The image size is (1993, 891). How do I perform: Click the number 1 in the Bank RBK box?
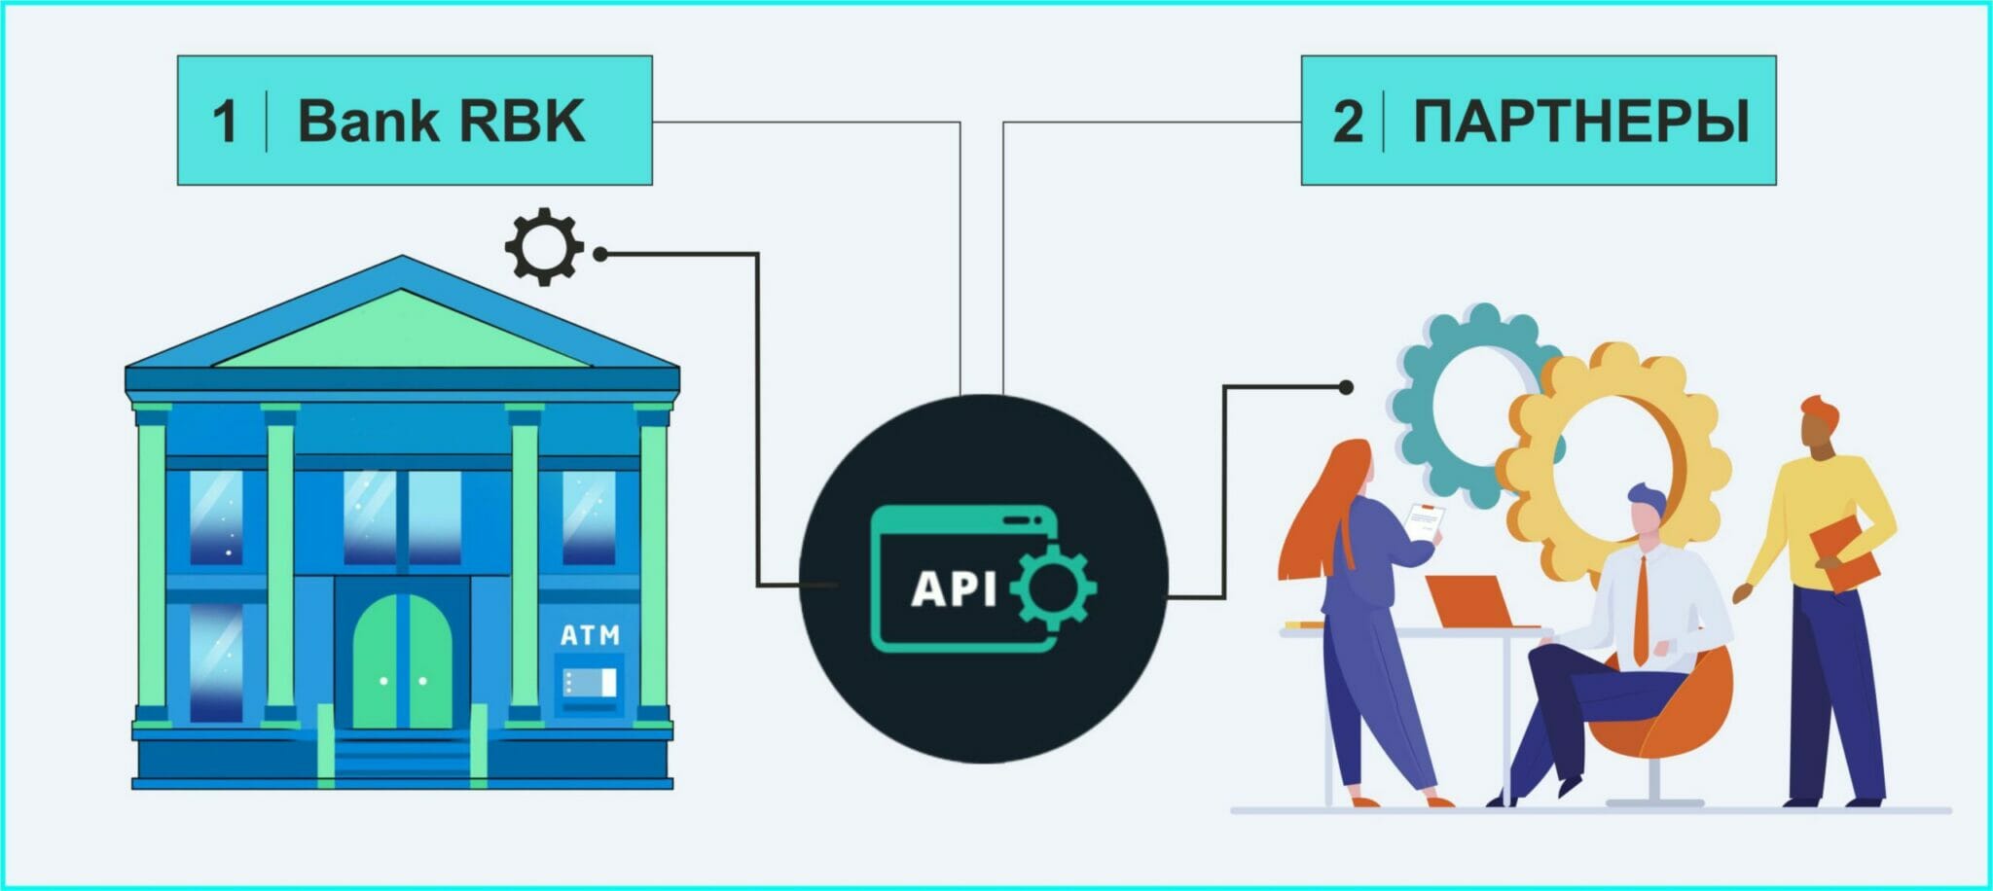click(x=225, y=122)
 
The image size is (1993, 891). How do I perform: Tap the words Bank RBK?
click(x=441, y=122)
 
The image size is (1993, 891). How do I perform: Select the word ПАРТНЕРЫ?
click(x=1580, y=122)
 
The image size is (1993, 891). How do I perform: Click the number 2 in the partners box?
click(x=1348, y=123)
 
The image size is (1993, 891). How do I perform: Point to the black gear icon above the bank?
click(x=543, y=246)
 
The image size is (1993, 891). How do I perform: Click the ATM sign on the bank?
click(x=590, y=635)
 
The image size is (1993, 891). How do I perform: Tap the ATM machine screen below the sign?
click(x=590, y=683)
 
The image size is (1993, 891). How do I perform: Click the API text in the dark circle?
click(x=954, y=588)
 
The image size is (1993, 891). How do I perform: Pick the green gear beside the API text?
click(x=1054, y=587)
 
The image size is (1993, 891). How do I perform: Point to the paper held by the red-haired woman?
click(x=1424, y=523)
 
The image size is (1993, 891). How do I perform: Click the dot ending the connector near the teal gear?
click(x=1346, y=387)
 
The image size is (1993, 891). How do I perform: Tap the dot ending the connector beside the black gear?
click(x=600, y=254)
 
